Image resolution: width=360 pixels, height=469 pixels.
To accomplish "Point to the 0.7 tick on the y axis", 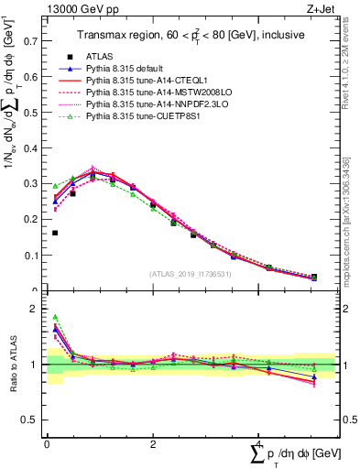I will [30, 41].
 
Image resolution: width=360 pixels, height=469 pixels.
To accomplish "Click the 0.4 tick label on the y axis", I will [30, 148].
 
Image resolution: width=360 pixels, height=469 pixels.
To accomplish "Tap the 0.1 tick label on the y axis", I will [30, 256].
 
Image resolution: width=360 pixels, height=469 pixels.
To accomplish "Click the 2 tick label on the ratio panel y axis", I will [35, 310].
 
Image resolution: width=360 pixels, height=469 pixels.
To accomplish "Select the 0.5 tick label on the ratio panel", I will [30, 420].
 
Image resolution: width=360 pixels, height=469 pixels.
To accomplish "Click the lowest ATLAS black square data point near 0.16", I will [55, 233].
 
